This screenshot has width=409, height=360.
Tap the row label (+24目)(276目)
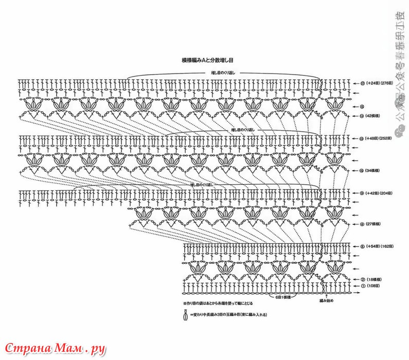(379, 83)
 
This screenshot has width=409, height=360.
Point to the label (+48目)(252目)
(379, 139)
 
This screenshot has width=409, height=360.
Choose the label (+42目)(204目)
(379, 193)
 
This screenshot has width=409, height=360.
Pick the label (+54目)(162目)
(379, 246)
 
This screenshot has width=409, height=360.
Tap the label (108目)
(374, 285)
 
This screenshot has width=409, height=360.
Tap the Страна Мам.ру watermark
(54, 348)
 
